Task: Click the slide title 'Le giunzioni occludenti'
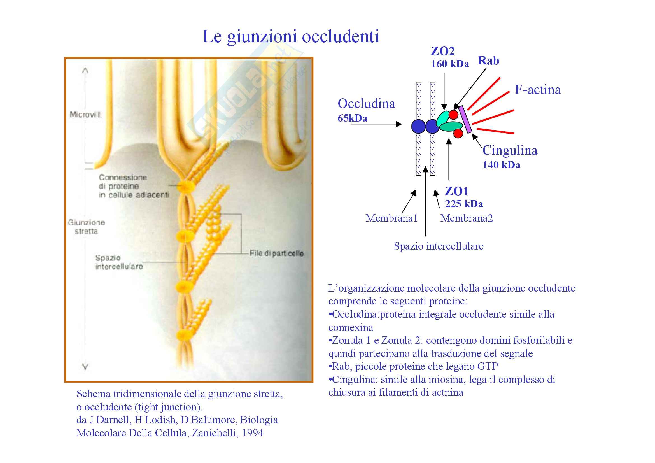[x=290, y=36]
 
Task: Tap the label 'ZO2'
[x=442, y=51]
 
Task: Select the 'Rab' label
[x=488, y=61]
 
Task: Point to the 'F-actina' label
[x=537, y=90]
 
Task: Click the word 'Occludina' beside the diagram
[x=366, y=104]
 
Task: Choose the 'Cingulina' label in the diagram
[x=510, y=150]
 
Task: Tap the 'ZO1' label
[x=456, y=191]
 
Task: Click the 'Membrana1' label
[x=391, y=218]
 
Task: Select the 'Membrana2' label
[x=467, y=218]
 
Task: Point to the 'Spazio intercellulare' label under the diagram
[x=439, y=246]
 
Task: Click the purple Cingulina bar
[x=465, y=119]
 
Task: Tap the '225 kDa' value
[x=464, y=204]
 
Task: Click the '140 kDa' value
[x=501, y=165]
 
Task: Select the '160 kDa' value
[x=450, y=64]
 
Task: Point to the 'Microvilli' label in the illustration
[x=86, y=115]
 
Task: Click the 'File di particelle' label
[x=276, y=253]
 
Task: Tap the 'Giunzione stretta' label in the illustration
[x=86, y=227]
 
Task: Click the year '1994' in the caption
[x=252, y=433]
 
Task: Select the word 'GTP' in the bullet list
[x=488, y=366]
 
